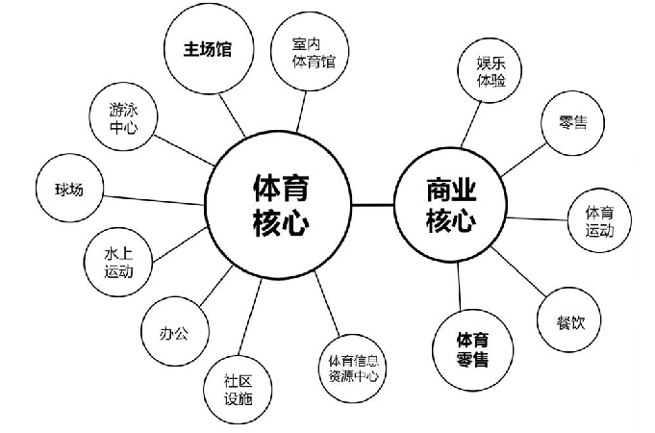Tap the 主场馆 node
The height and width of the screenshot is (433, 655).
pyautogui.click(x=209, y=48)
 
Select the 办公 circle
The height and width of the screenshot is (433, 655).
pyautogui.click(x=175, y=334)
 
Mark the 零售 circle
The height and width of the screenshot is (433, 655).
pyautogui.click(x=574, y=124)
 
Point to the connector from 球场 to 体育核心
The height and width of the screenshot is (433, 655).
pyautogui.click(x=155, y=196)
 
